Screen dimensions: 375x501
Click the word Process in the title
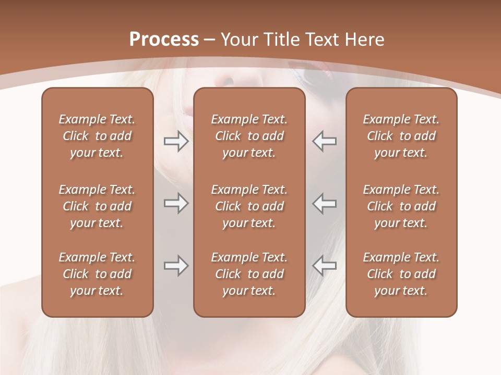[x=164, y=40]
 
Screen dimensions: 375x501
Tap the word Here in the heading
[x=365, y=40]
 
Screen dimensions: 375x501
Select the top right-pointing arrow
[x=176, y=141]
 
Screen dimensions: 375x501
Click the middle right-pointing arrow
[x=176, y=203]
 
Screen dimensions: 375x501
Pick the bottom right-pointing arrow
[x=176, y=266]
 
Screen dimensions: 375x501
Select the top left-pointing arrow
[x=325, y=141]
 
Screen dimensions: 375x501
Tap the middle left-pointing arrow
[x=325, y=203]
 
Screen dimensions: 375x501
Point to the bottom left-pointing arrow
[x=325, y=266]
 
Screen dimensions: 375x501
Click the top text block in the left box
[x=97, y=136]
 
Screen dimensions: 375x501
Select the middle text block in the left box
[x=97, y=206]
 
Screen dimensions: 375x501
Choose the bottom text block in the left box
[x=97, y=274]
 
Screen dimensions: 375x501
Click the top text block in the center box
[x=249, y=136]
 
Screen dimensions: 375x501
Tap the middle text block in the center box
[x=249, y=206]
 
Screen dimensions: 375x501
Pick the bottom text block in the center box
[x=249, y=274]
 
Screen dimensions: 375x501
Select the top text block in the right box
[x=401, y=136]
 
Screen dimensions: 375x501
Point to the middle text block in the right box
[x=401, y=206]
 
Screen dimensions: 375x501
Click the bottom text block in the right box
[x=401, y=274]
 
